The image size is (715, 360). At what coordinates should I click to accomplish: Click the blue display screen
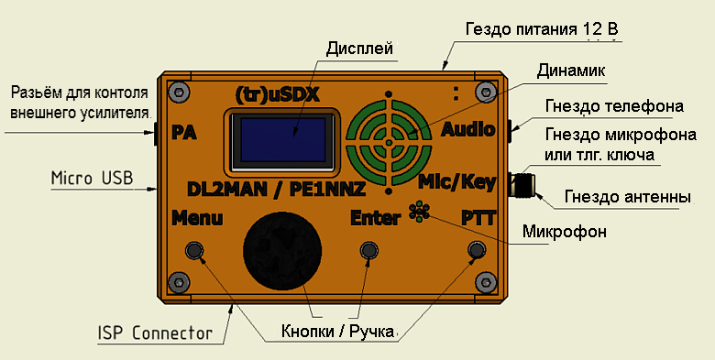click(283, 140)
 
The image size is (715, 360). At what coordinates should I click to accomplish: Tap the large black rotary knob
click(282, 251)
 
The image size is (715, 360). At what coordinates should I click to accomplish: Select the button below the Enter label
click(368, 250)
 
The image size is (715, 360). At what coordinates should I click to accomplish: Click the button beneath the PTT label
click(478, 250)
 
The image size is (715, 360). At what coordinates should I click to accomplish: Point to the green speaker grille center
click(388, 143)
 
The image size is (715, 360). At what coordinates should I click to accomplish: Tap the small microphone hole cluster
click(419, 212)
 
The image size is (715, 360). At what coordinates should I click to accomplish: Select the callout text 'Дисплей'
click(359, 49)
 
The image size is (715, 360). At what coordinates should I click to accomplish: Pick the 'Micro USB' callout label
click(92, 178)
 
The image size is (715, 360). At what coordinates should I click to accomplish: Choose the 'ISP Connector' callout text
click(155, 333)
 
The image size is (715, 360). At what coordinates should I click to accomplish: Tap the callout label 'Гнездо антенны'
click(627, 197)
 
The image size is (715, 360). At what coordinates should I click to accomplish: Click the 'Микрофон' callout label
click(565, 232)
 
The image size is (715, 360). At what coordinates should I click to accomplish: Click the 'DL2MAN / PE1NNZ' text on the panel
click(275, 188)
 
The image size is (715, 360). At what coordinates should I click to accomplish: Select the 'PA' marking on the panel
click(183, 132)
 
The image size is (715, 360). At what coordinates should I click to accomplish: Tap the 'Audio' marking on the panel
click(467, 130)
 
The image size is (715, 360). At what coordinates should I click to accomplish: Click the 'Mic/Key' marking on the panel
click(457, 181)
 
